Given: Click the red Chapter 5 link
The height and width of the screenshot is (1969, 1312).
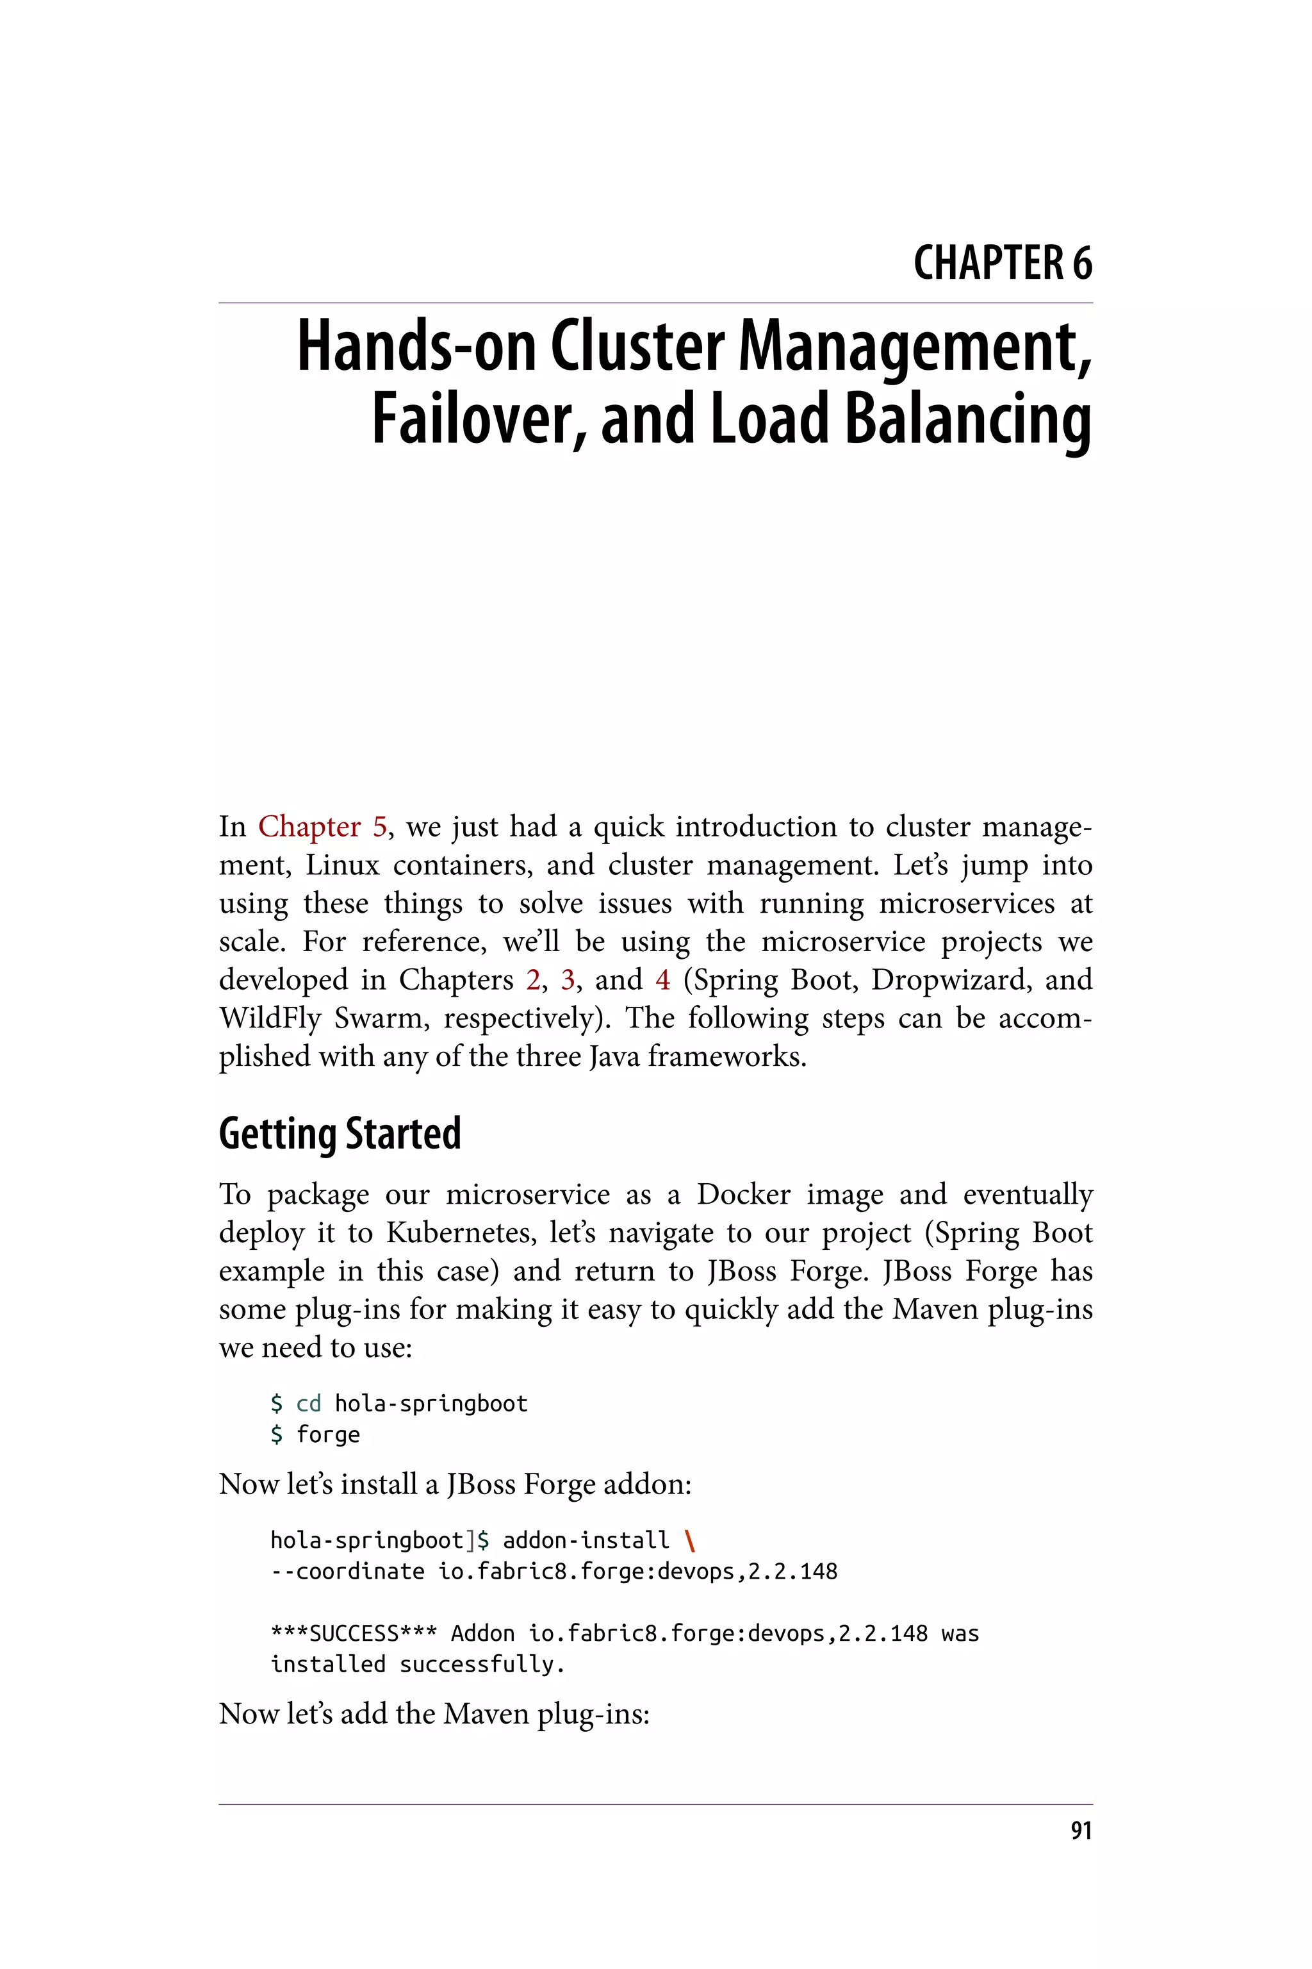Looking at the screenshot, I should tap(322, 826).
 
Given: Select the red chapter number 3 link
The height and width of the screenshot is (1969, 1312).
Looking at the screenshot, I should tap(568, 979).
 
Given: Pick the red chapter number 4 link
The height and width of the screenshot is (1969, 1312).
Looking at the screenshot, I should tap(662, 979).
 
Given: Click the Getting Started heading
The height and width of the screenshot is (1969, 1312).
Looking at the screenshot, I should tap(340, 1134).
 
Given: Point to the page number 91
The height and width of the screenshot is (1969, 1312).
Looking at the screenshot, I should tap(1081, 1831).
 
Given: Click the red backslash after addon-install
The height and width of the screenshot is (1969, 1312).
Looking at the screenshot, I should tap(689, 1540).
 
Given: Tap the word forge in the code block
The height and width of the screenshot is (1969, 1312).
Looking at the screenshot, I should tap(328, 1435).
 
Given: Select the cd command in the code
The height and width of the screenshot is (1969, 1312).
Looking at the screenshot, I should tap(309, 1404).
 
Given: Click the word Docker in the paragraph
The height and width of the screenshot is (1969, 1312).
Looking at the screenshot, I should tap(743, 1194).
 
